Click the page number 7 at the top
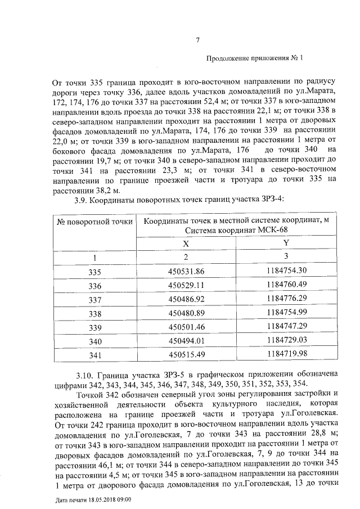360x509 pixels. (x=197, y=40)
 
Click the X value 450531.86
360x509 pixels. (x=186, y=272)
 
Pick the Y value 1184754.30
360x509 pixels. (x=286, y=271)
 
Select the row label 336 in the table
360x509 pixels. (x=94, y=286)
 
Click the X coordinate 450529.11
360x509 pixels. (x=186, y=286)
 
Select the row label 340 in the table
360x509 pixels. (x=94, y=341)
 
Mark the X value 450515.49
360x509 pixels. (x=186, y=354)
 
